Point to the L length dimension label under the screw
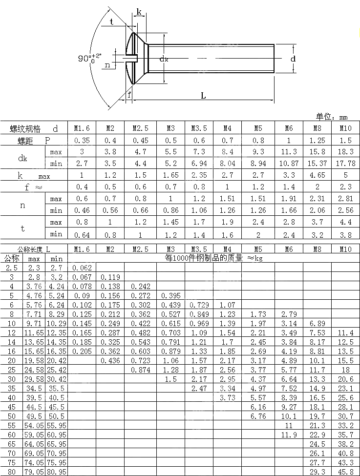coord(203,96)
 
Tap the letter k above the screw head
coord(139,12)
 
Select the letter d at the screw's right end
coord(293,59)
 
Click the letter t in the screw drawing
coord(112,21)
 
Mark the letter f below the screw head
coord(129,95)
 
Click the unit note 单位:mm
coord(332,117)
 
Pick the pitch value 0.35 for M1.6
coord(82,140)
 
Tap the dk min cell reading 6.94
coord(199,164)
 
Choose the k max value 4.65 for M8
coord(317,175)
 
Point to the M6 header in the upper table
coord(289,128)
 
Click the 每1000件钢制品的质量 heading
coord(213,258)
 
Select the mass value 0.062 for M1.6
coord(82,268)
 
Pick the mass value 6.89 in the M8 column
coord(317,323)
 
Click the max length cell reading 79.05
coord(34,472)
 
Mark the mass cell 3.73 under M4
coord(227,397)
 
